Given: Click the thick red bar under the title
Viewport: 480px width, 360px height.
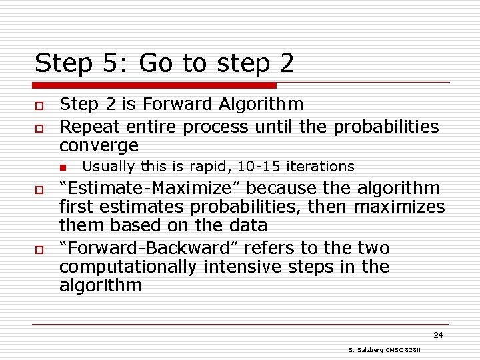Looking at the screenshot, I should (x=155, y=85).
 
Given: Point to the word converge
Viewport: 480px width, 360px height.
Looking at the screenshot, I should (x=99, y=145).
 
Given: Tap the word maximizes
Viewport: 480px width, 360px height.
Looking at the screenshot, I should (x=399, y=207).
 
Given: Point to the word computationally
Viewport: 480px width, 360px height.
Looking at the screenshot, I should (x=128, y=267).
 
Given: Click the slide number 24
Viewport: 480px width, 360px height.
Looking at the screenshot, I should (x=437, y=335).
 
